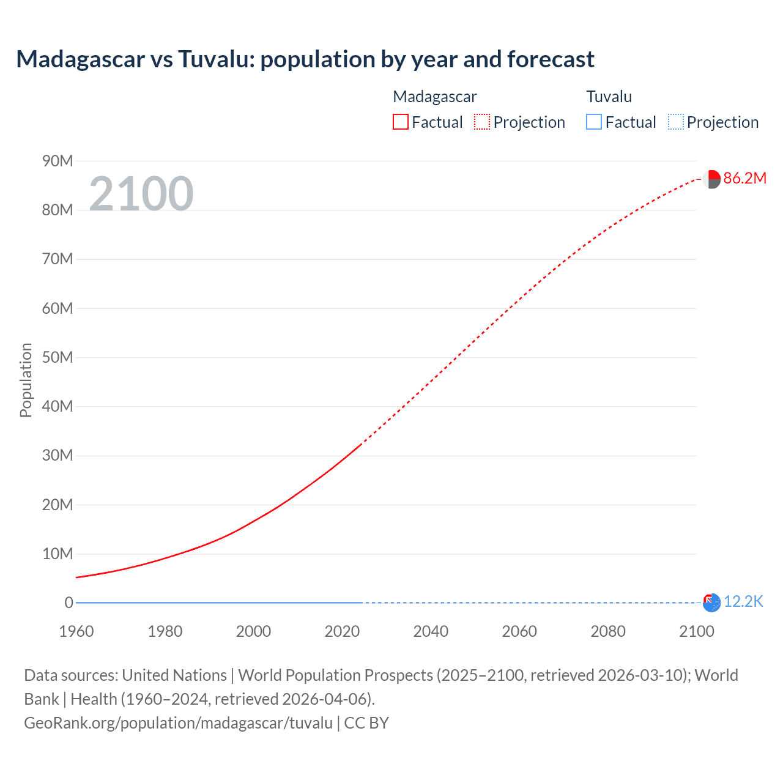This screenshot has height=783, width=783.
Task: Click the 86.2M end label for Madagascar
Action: (x=744, y=178)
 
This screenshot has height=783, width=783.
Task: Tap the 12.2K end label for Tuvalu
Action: (x=743, y=601)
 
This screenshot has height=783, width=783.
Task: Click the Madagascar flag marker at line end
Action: (x=711, y=179)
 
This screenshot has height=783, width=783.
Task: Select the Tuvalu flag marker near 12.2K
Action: (x=711, y=603)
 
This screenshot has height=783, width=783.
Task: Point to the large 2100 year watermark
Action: (x=141, y=194)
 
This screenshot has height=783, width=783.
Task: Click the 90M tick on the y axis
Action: (x=58, y=161)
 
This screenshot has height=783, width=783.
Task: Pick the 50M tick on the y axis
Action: (x=58, y=357)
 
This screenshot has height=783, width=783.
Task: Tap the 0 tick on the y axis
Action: (x=69, y=603)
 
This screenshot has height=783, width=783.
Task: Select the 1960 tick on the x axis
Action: (x=76, y=631)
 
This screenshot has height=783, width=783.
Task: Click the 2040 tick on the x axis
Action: (x=431, y=631)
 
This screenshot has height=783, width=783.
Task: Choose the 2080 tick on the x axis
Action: (x=608, y=631)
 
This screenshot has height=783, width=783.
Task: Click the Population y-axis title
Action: (x=26, y=380)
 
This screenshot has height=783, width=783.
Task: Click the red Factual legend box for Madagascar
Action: (x=401, y=122)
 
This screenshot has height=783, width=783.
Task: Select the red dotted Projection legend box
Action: (x=482, y=122)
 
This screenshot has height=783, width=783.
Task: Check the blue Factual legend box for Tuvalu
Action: (x=594, y=122)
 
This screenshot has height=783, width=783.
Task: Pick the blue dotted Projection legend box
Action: (x=676, y=122)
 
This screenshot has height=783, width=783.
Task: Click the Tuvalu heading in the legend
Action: (x=609, y=97)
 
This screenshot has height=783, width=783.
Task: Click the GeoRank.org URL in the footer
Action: (x=178, y=722)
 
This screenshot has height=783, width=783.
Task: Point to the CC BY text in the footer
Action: (x=366, y=722)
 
